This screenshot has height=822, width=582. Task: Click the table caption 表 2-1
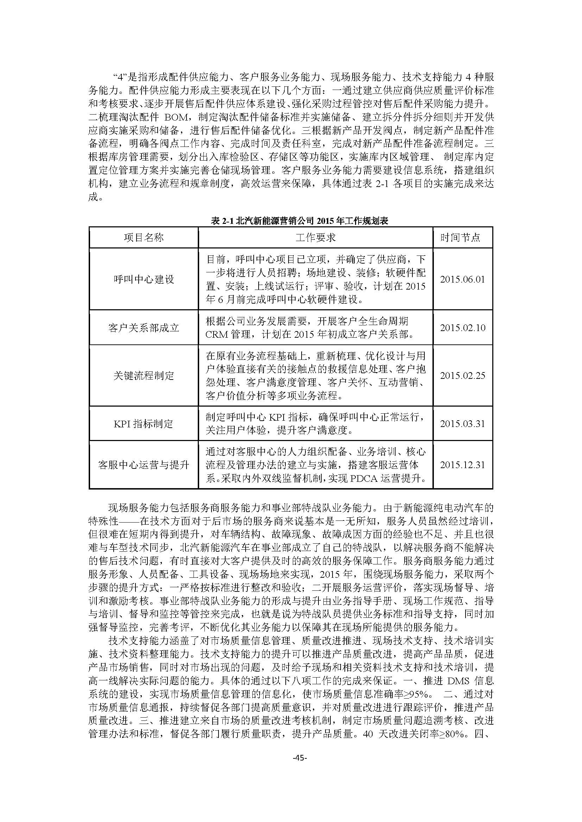pyautogui.click(x=299, y=221)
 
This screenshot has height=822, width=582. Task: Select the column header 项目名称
pyautogui.click(x=143, y=237)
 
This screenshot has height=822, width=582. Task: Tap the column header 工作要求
pyautogui.click(x=315, y=237)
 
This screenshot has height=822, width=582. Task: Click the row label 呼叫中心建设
pyautogui.click(x=143, y=279)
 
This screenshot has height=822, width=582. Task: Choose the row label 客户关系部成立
pyautogui.click(x=143, y=328)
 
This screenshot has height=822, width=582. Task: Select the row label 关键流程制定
pyautogui.click(x=143, y=376)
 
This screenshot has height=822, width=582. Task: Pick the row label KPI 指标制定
pyautogui.click(x=143, y=424)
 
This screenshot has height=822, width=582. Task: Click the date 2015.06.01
pyautogui.click(x=462, y=279)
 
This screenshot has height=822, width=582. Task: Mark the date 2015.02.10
pyautogui.click(x=462, y=328)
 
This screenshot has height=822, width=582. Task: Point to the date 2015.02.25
pyautogui.click(x=462, y=376)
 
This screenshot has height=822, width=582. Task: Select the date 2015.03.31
pyautogui.click(x=462, y=424)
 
